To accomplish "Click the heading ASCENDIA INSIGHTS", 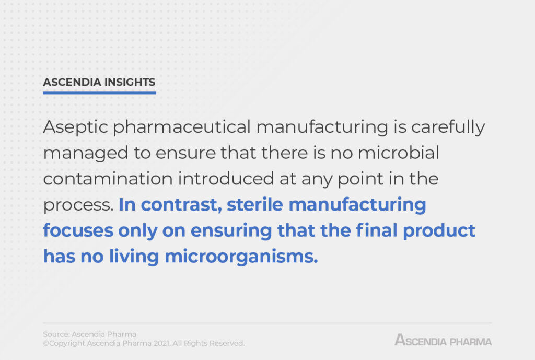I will click(99, 82).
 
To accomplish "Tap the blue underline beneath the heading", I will click(99, 93).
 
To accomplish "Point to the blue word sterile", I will click(258, 204).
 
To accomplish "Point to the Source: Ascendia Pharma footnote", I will click(89, 334).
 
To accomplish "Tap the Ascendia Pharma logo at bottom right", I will click(443, 341).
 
